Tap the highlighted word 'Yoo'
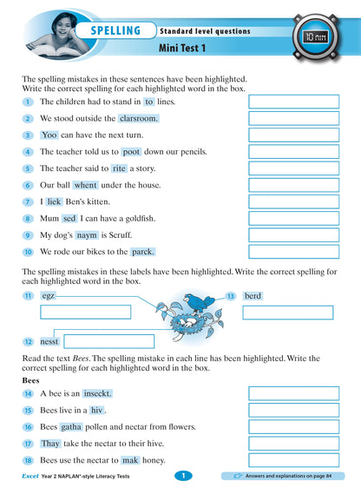click(49, 135)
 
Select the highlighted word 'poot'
click(125, 152)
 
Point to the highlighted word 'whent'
click(85, 185)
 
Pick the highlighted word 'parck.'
click(142, 252)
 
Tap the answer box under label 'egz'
click(85, 312)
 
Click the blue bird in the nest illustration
click(205, 302)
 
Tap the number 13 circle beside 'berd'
click(231, 296)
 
